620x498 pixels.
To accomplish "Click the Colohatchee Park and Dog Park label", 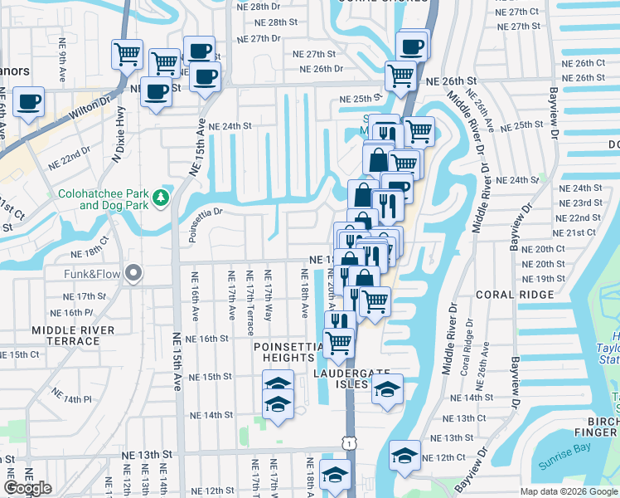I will tap(105, 200).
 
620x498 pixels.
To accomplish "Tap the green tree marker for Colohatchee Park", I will tap(164, 198).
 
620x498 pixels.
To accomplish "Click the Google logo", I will tap(27, 488).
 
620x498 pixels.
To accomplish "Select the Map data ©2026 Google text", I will tap(568, 491).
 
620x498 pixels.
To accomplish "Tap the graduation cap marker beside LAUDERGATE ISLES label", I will tap(387, 390).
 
